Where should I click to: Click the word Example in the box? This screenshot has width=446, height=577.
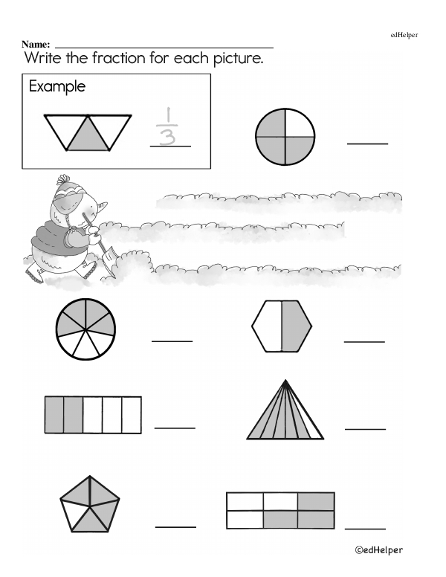click(57, 87)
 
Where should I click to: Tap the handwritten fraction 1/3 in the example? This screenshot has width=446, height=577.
click(167, 126)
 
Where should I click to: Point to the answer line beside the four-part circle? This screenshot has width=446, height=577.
click(367, 144)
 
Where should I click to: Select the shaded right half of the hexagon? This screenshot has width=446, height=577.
click(296, 326)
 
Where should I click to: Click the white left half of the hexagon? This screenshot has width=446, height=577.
click(268, 326)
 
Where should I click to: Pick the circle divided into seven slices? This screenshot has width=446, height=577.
click(85, 329)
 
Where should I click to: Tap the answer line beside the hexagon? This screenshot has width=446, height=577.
click(364, 342)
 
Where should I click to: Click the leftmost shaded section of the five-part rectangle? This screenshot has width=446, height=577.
click(54, 415)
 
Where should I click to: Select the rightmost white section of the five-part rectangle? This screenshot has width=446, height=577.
click(132, 415)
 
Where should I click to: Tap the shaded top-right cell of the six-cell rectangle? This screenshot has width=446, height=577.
click(316, 501)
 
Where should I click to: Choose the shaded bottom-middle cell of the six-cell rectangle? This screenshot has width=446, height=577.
click(280, 519)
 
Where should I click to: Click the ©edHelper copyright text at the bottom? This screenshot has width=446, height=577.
click(378, 550)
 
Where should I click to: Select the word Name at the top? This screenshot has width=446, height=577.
click(36, 45)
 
